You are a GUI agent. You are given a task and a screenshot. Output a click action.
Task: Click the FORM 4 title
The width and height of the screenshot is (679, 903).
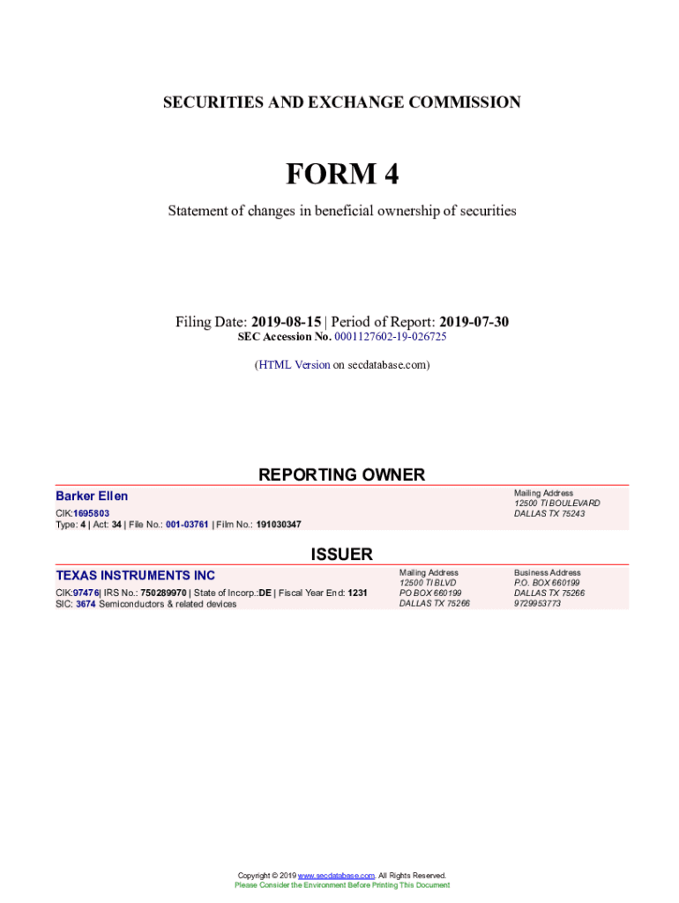(341, 175)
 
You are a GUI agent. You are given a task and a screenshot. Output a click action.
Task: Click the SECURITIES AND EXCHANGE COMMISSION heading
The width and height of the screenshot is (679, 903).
(341, 102)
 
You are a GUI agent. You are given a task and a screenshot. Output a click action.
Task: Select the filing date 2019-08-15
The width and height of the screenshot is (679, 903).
(286, 322)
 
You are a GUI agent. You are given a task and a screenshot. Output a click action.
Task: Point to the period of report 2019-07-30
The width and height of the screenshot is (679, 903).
(474, 322)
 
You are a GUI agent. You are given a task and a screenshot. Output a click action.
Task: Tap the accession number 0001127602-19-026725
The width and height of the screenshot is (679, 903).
(390, 337)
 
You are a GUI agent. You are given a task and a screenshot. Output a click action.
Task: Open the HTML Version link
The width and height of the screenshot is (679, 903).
(294, 364)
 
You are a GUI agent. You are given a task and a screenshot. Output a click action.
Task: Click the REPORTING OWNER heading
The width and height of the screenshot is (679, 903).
(341, 474)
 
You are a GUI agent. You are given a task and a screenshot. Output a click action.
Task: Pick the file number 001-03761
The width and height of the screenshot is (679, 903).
(187, 525)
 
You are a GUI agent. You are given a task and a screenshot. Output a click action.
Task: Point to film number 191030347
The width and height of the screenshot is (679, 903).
(279, 525)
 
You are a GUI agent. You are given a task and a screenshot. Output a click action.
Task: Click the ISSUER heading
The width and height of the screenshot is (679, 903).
(341, 554)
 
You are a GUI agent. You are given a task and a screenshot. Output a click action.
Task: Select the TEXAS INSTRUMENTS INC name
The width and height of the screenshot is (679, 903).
(135, 576)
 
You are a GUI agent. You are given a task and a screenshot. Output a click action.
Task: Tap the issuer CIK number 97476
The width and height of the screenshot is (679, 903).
(86, 593)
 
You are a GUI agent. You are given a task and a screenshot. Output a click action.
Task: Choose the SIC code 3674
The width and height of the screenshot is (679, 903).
(86, 604)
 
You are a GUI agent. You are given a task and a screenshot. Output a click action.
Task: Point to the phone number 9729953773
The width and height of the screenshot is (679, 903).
(537, 604)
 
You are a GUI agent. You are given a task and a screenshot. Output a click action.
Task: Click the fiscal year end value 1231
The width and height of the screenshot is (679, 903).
(357, 593)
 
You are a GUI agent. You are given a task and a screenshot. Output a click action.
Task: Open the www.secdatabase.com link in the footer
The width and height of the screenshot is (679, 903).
(337, 876)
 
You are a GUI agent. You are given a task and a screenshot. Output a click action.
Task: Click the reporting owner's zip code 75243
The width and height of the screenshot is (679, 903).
(573, 514)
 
